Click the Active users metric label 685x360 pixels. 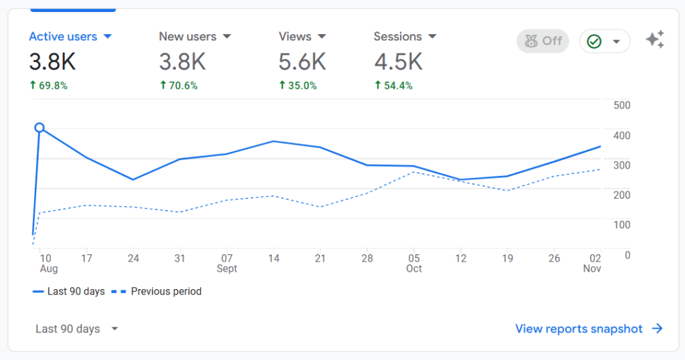[63, 37]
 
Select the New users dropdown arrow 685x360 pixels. [227, 37]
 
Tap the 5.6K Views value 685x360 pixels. [302, 62]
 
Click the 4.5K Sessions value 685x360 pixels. [398, 62]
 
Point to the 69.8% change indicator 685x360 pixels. [48, 86]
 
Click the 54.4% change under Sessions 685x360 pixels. [393, 86]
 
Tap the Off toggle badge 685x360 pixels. [543, 41]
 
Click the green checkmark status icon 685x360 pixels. [594, 41]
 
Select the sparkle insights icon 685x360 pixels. [655, 40]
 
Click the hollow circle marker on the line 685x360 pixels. [39, 128]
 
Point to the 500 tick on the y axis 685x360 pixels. [622, 106]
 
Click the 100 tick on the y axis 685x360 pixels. [622, 224]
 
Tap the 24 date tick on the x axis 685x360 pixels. [133, 258]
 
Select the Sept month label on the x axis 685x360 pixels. [227, 269]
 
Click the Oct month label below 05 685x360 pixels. [414, 269]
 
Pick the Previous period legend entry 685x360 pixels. [157, 292]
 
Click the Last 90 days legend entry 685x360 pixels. [68, 292]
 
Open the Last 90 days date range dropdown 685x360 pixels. [76, 329]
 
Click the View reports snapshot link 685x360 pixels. [588, 329]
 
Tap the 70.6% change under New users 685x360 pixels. [179, 86]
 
